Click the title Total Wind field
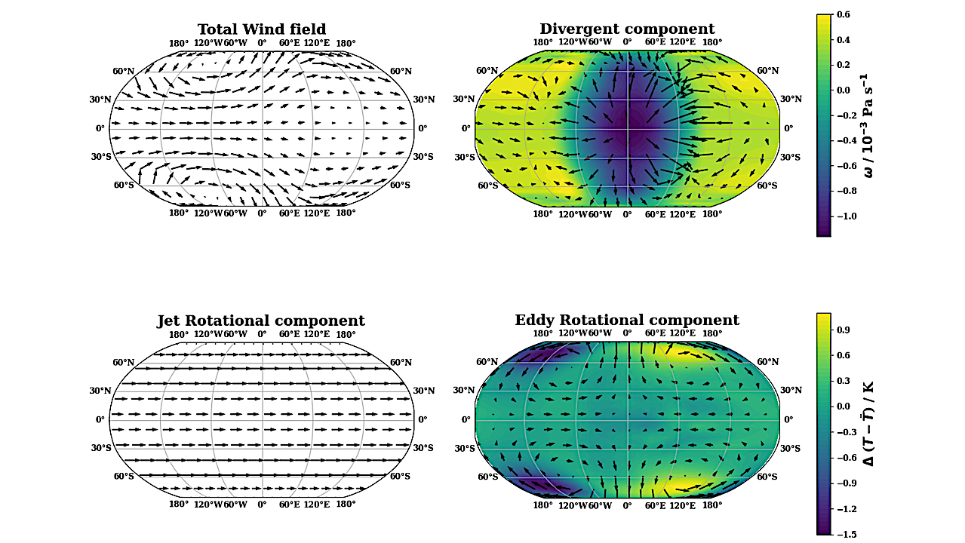point(262,29)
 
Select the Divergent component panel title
point(627,29)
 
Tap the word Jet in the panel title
point(170,321)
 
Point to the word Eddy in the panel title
point(535,321)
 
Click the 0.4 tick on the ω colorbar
point(844,39)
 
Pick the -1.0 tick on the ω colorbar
point(846,216)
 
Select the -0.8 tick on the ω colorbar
point(846,191)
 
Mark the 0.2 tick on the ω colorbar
point(844,65)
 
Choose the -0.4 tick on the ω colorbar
point(846,140)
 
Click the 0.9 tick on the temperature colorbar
point(844,330)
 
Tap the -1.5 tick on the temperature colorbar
point(846,534)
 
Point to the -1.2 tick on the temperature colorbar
point(846,509)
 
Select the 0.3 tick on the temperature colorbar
point(844,381)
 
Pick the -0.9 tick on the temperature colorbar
point(846,483)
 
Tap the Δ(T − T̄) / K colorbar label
point(868,423)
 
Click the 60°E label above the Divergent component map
point(655,42)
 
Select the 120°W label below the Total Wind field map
point(208,213)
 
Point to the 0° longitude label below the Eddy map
point(627,505)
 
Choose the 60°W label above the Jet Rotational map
point(235,334)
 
